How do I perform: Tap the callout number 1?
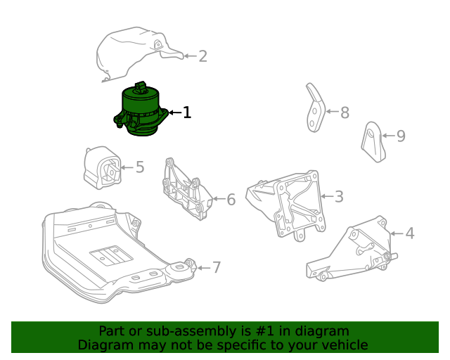pyautogui.click(x=186, y=112)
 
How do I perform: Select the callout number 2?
pyautogui.click(x=202, y=56)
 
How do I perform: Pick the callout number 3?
pyautogui.click(x=339, y=197)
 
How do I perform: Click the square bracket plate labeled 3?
pyautogui.click(x=295, y=204)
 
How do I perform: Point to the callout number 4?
pyautogui.click(x=410, y=233)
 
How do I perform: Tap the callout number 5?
pyautogui.click(x=140, y=167)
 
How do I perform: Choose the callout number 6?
pyautogui.click(x=231, y=200)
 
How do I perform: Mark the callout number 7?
pyautogui.click(x=217, y=267)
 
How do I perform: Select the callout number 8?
pyautogui.click(x=345, y=112)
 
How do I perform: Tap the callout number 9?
pyautogui.click(x=401, y=136)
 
